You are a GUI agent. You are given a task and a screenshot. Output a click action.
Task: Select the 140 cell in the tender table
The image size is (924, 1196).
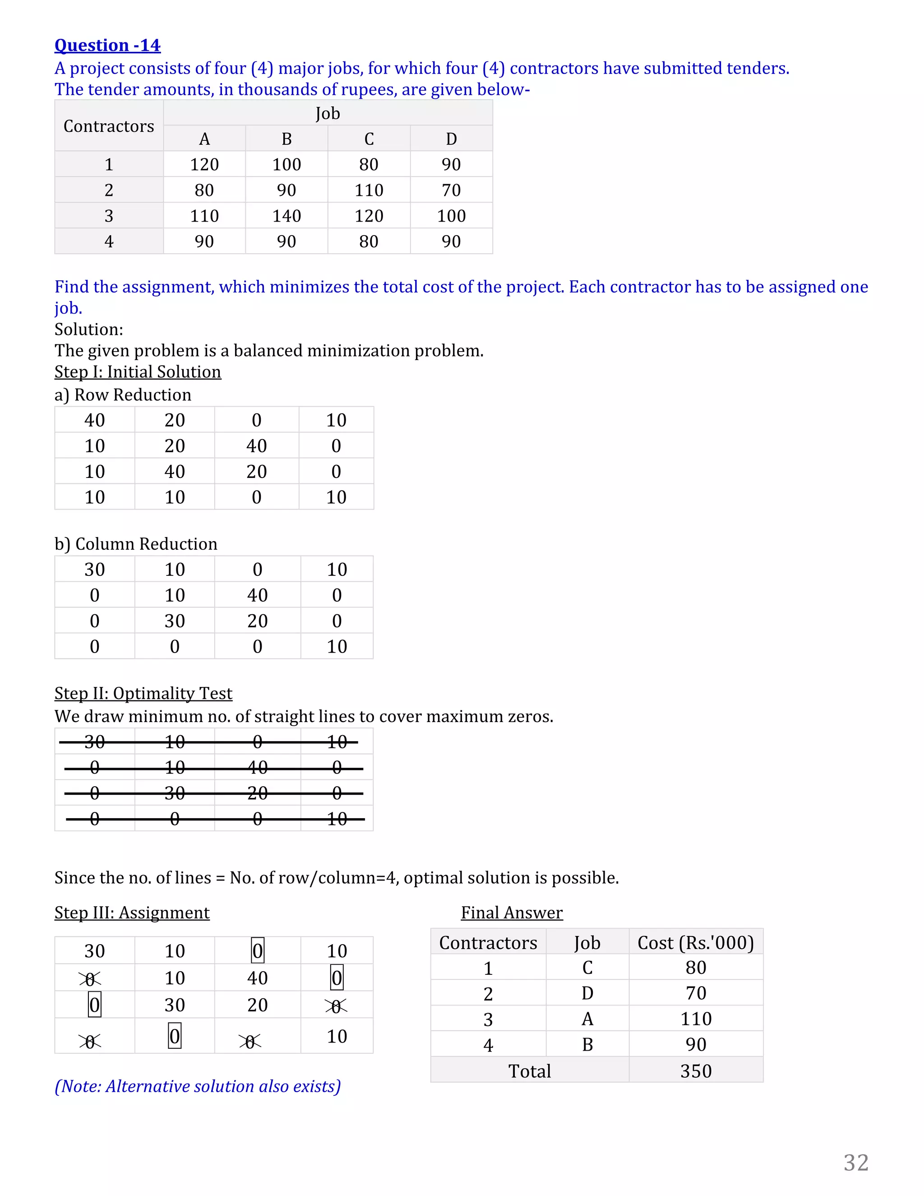286,216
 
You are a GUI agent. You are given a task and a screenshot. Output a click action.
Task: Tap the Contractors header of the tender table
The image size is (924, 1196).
108,126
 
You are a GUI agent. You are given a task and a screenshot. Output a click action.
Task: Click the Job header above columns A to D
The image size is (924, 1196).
328,113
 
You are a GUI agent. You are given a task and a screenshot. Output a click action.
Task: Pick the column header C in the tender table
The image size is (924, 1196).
369,139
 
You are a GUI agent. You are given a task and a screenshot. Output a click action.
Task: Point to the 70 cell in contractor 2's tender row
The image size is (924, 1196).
451,190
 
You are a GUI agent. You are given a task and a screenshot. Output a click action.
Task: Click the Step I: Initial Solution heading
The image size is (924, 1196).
138,372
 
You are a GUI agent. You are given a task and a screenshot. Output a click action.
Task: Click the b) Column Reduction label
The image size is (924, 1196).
136,544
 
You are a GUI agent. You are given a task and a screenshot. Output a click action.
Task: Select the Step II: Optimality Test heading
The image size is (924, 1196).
143,693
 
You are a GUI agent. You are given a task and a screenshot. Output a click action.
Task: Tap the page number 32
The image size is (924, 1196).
855,1163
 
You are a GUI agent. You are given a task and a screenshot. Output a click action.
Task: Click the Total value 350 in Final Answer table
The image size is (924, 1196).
695,1071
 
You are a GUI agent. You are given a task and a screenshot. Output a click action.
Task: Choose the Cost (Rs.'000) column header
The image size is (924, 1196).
695,942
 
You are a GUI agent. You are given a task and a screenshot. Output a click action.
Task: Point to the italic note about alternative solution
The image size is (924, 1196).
198,1085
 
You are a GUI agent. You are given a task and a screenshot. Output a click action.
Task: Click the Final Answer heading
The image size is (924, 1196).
511,912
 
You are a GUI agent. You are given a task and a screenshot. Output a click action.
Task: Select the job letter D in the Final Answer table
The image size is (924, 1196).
587,993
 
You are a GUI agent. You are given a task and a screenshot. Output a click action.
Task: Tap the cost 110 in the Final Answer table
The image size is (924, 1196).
695,1019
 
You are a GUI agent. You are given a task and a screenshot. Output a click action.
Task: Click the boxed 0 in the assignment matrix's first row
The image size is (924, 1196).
257,950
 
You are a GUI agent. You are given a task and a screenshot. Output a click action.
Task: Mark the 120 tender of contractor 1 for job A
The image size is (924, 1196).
204,164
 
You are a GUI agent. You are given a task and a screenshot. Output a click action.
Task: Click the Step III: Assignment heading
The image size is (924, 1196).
132,912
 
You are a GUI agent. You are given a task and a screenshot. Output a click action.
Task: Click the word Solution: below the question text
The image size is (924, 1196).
89,329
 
